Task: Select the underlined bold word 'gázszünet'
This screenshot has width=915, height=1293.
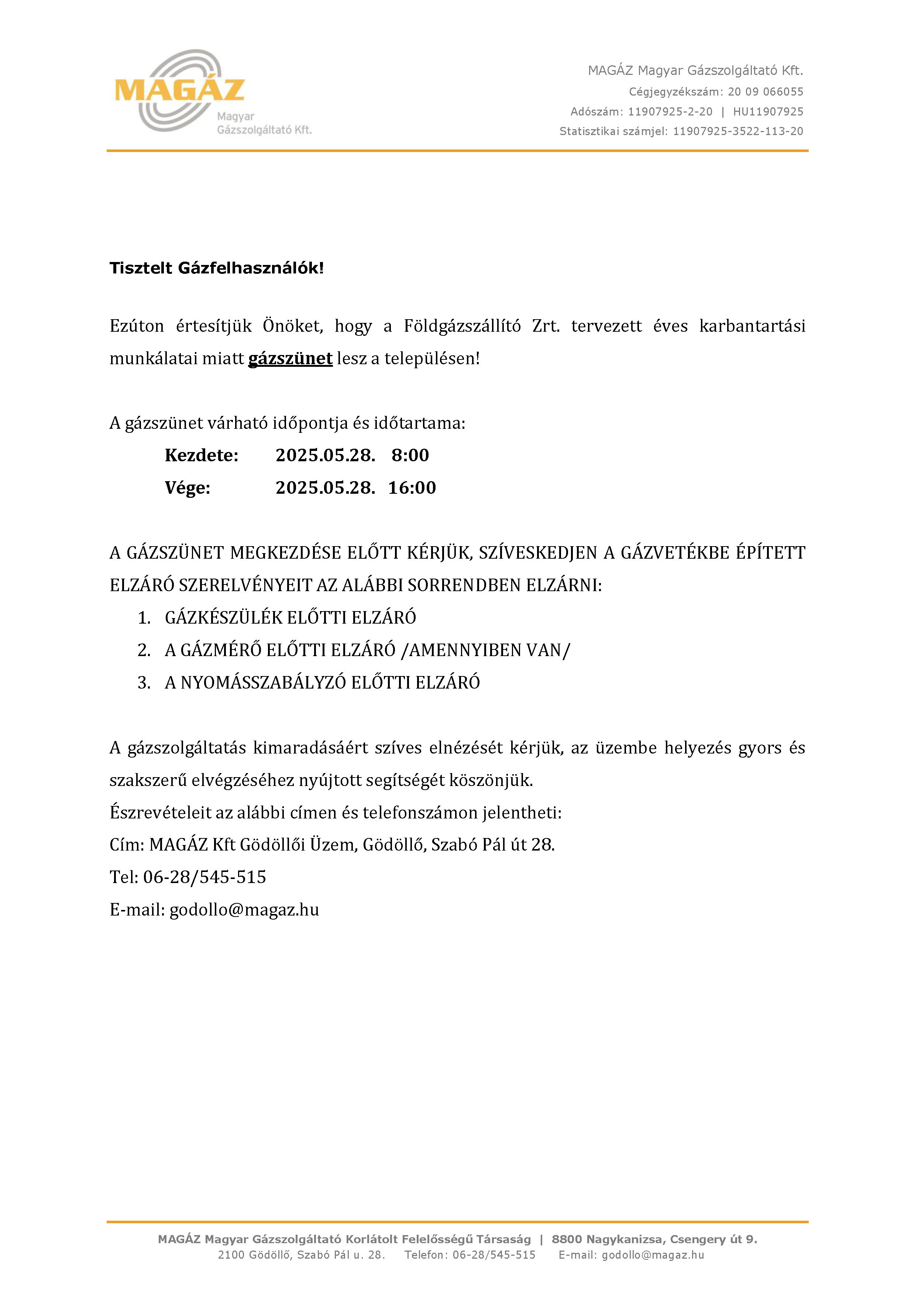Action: pyautogui.click(x=290, y=359)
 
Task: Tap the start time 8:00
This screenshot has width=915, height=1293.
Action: pyautogui.click(x=410, y=455)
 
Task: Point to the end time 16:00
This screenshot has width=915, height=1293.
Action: pyautogui.click(x=412, y=488)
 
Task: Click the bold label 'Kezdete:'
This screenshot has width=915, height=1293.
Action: pyautogui.click(x=202, y=455)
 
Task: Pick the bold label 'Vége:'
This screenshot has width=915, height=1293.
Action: pyautogui.click(x=188, y=488)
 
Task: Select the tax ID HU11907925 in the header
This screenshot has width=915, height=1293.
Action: pyautogui.click(x=768, y=111)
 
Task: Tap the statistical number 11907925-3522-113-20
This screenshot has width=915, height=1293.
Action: pyautogui.click(x=738, y=131)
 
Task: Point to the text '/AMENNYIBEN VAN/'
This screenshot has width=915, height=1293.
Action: pyautogui.click(x=485, y=651)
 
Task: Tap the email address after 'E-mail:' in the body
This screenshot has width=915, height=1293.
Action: pyautogui.click(x=244, y=910)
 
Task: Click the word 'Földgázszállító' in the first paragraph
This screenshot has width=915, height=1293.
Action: pyautogui.click(x=462, y=326)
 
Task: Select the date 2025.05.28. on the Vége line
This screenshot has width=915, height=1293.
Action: pyautogui.click(x=325, y=488)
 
